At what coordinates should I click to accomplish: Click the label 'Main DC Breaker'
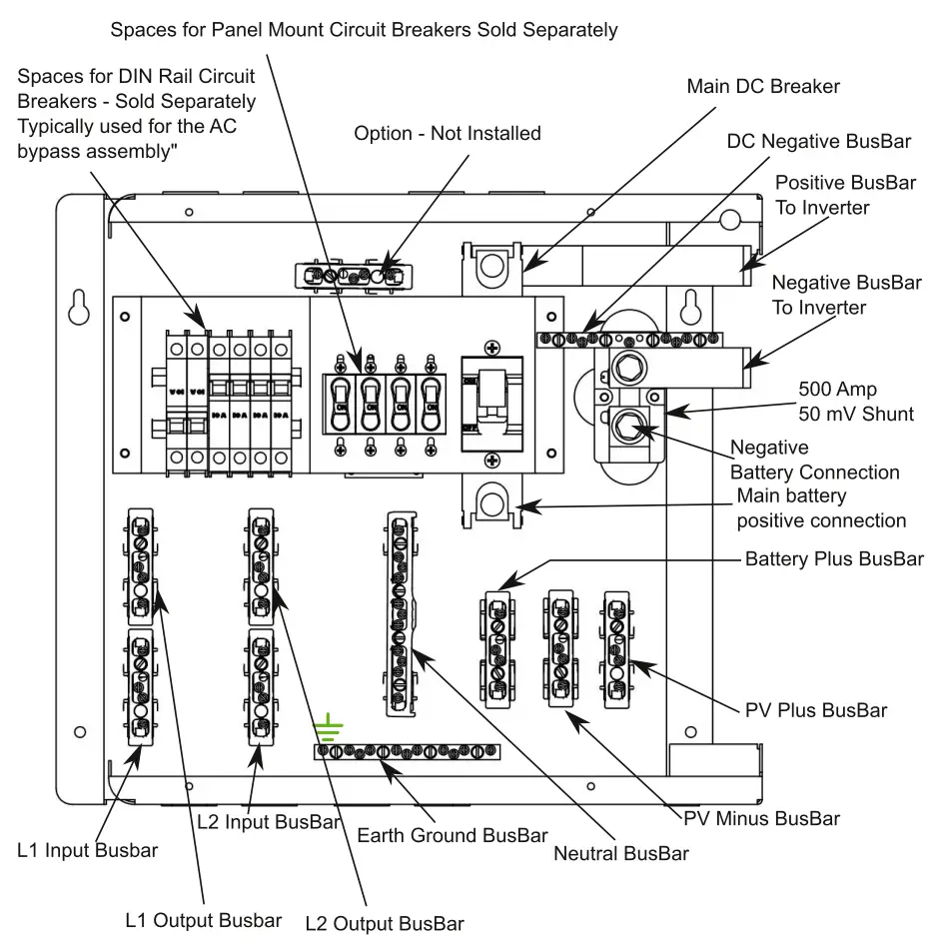point(763,87)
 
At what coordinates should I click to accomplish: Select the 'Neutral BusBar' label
point(621,853)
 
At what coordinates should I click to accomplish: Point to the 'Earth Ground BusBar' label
point(453,834)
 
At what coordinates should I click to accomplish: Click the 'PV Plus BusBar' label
point(816,710)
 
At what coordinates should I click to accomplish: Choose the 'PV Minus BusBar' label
point(762,818)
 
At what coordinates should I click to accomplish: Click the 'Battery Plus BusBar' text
point(834,558)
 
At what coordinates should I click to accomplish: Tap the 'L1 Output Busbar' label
point(204,920)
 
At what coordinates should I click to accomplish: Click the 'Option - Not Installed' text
point(448,133)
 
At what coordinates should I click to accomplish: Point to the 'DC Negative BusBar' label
point(818,142)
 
